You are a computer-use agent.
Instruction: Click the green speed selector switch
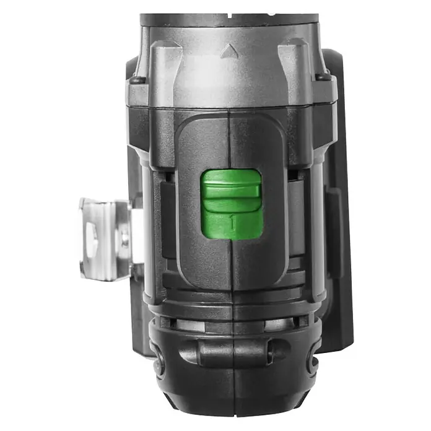click(x=232, y=204)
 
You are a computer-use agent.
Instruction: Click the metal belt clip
click(x=107, y=238)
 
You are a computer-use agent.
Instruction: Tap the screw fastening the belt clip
click(x=125, y=240)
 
